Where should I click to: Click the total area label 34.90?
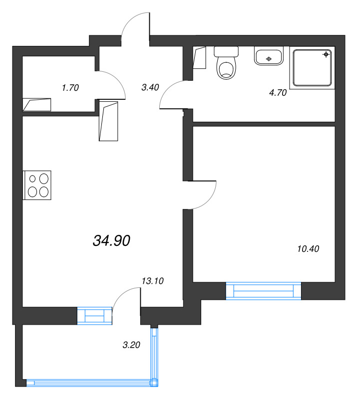click(111, 240)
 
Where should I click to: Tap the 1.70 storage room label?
click(70, 88)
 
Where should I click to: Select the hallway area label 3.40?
click(150, 87)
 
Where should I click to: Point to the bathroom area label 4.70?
click(278, 93)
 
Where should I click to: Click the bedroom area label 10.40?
click(308, 248)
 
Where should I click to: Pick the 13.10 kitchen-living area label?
click(153, 281)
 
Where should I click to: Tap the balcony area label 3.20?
click(131, 345)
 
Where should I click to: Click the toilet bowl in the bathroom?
click(226, 68)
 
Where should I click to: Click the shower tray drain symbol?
click(326, 54)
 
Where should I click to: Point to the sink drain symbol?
click(269, 59)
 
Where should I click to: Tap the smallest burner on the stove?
click(32, 179)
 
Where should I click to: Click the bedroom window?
click(264, 291)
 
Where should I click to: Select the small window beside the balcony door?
click(94, 316)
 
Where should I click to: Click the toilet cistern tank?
click(226, 52)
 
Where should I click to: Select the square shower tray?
click(312, 68)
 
